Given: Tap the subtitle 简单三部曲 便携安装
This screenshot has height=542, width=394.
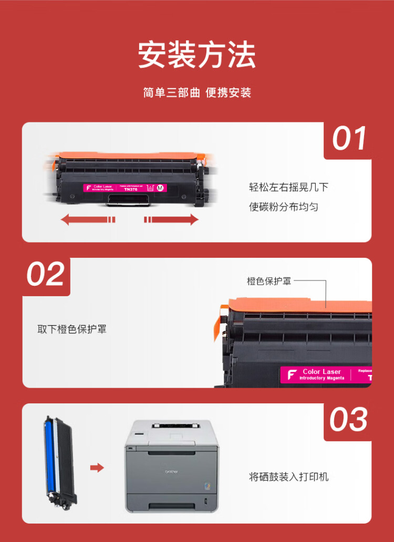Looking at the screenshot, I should (x=197, y=93).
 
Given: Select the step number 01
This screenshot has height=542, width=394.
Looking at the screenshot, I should (x=349, y=139).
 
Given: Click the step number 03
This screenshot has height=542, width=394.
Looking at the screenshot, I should (x=348, y=420).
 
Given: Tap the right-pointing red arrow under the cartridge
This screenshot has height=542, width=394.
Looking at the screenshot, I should (x=172, y=220).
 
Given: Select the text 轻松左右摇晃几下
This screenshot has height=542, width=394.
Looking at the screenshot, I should (x=288, y=187).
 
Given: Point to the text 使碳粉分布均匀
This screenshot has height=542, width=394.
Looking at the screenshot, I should (x=284, y=207).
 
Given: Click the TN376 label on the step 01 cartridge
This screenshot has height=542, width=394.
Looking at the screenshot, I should (x=131, y=190).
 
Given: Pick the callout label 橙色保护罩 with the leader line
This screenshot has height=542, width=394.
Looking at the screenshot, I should (x=269, y=281).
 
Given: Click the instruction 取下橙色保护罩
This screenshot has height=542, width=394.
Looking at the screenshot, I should (x=72, y=330).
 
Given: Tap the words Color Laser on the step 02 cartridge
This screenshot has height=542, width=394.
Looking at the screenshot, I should (x=322, y=372).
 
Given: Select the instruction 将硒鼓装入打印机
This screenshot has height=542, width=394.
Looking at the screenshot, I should (x=288, y=477).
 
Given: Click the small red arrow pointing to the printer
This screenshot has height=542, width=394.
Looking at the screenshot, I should (x=97, y=467).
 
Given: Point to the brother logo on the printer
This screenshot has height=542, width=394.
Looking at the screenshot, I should (x=172, y=471).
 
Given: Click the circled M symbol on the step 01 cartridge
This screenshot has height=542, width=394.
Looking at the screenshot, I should (x=160, y=187).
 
